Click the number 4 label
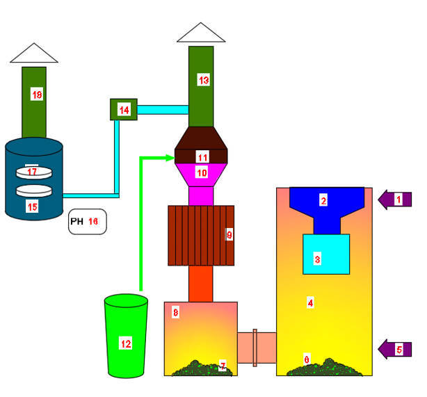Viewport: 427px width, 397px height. coord(310,302)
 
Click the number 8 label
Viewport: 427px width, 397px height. coord(175,314)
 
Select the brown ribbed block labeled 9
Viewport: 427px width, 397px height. coord(201,235)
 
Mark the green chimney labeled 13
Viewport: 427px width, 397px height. coord(202,83)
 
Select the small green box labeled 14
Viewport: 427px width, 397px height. coord(124,110)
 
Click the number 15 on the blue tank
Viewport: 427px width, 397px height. coord(32,207)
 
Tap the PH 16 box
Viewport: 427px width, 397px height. coord(88,221)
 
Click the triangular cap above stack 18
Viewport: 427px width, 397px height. coord(33,53)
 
